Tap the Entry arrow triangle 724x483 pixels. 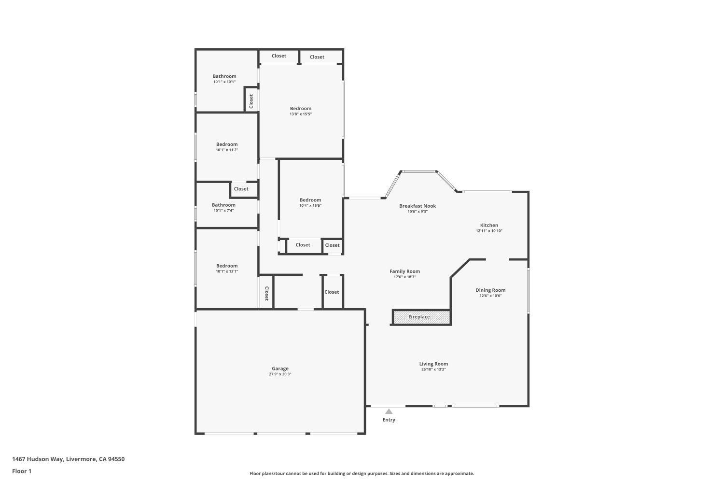389,412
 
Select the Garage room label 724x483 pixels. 280,369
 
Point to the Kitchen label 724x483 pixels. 489,225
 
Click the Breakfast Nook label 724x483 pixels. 418,206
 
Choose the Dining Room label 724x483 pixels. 490,290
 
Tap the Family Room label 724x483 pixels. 404,271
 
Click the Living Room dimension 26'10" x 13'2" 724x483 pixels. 433,369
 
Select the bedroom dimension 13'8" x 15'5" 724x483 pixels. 301,114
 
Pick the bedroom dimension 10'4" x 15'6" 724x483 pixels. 310,206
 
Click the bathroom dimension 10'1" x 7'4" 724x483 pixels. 223,211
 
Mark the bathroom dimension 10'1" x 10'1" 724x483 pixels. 224,82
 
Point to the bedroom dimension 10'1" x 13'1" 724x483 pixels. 227,271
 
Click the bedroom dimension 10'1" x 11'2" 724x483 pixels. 227,150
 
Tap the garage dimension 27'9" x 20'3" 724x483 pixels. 280,374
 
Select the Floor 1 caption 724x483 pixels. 22,471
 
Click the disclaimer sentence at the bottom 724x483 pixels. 362,473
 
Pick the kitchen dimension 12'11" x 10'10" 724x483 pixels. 489,231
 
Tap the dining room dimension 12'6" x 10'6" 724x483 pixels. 490,296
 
